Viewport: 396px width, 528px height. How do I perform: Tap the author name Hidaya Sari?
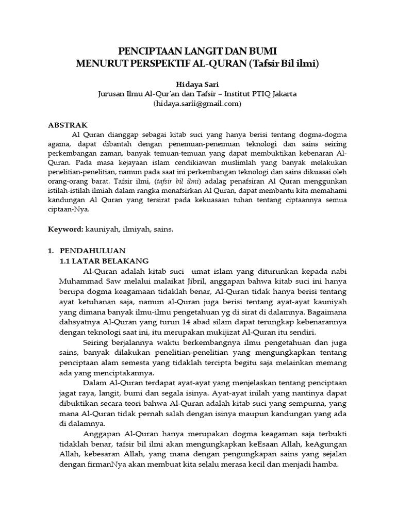[x=197, y=83]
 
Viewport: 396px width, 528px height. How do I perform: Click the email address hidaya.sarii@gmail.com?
[x=197, y=104]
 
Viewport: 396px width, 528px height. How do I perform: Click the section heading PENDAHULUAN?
[x=88, y=250]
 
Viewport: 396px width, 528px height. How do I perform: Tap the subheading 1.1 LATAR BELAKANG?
[x=105, y=261]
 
